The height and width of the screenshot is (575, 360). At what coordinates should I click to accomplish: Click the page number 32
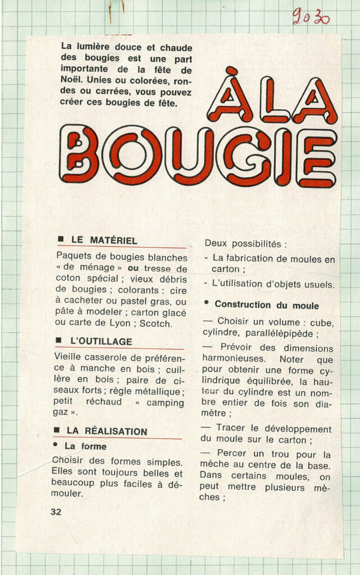pyautogui.click(x=56, y=512)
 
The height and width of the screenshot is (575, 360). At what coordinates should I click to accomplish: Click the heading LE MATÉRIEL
pyautogui.click(x=104, y=240)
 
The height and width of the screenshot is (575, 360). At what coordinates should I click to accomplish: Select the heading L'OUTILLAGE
pyautogui.click(x=101, y=341)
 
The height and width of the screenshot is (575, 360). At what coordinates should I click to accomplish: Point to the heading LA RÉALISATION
pyautogui.click(x=107, y=431)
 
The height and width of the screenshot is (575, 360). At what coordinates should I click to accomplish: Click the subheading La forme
pyautogui.click(x=85, y=446)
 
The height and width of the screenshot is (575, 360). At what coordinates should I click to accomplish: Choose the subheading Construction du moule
pyautogui.click(x=267, y=305)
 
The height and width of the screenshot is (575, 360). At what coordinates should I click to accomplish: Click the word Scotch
pyautogui.click(x=156, y=323)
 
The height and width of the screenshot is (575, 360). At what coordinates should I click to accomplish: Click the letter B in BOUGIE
pyautogui.click(x=79, y=154)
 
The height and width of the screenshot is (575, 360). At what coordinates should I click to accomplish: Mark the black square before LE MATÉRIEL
pyautogui.click(x=61, y=240)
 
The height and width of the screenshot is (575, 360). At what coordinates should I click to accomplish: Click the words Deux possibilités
pyautogui.click(x=245, y=244)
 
